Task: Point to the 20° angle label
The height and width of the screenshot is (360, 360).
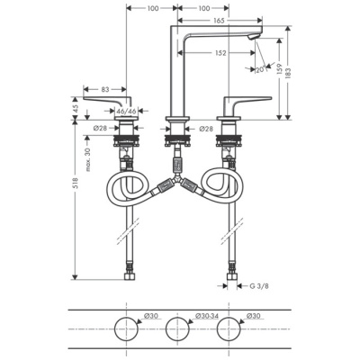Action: (x=259, y=69)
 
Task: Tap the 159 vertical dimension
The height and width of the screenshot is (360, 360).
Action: (x=280, y=67)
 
